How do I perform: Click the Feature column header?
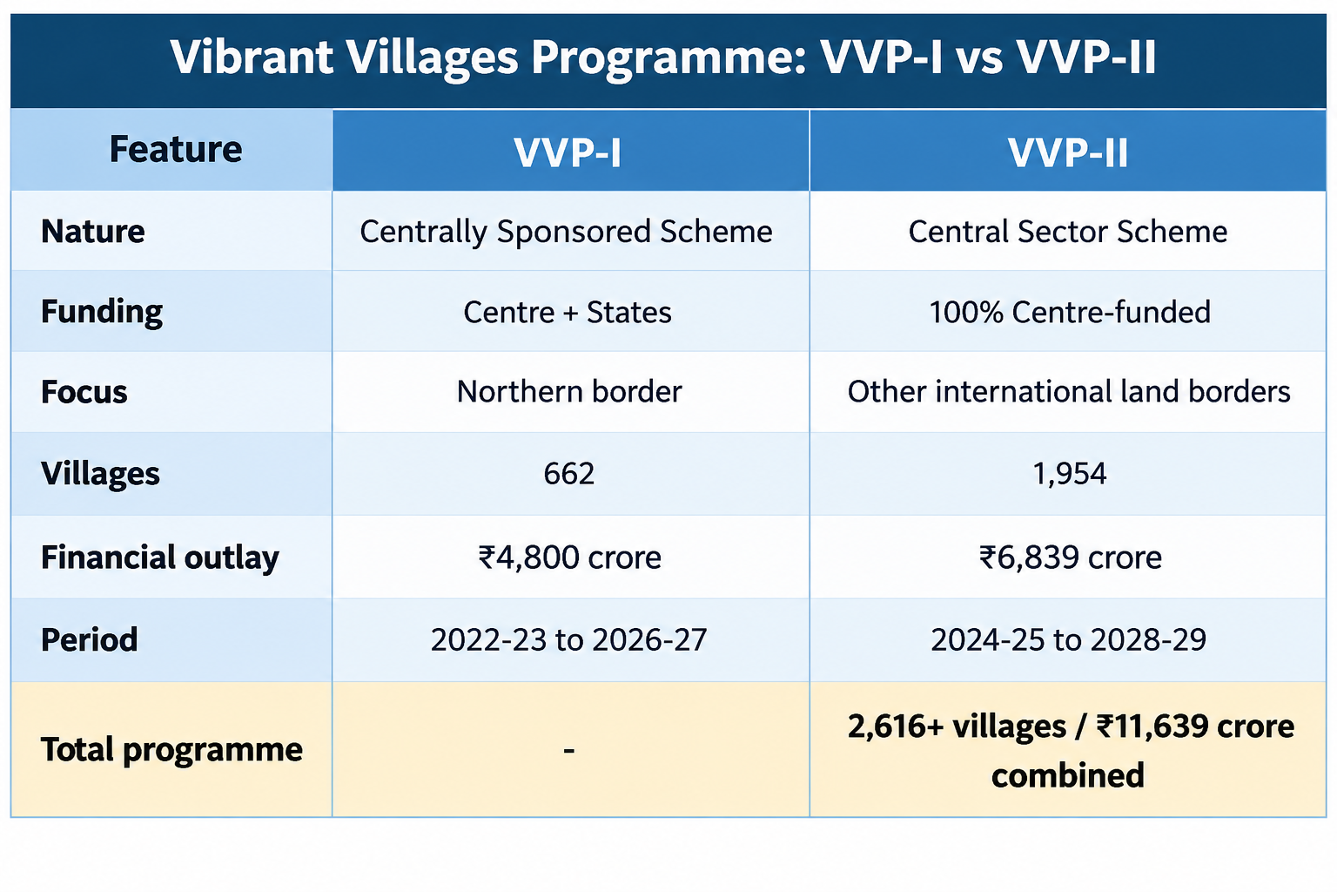point(176,149)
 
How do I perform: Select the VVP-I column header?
point(568,152)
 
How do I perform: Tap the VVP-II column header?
point(1068,152)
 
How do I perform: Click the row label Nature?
point(92,231)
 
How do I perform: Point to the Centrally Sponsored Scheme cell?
point(566,232)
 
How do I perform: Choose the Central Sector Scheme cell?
point(1068,231)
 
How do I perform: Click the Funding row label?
point(102,312)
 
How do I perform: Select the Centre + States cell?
point(567,312)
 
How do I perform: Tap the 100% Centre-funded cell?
point(1070,312)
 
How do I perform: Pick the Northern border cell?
point(568,392)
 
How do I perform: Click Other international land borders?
point(1068,392)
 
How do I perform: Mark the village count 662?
point(568,474)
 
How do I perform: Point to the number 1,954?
point(1070,474)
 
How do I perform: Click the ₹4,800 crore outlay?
point(569,557)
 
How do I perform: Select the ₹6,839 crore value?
point(1070,557)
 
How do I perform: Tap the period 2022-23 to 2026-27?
point(568,640)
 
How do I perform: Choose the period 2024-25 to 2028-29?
point(1068,640)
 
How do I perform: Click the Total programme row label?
point(171,750)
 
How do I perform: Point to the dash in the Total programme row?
point(568,750)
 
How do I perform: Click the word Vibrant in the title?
point(252,57)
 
